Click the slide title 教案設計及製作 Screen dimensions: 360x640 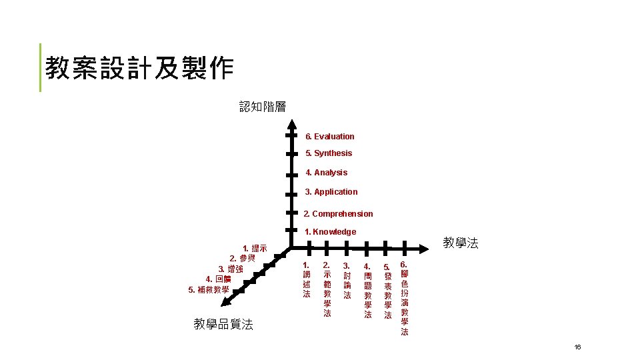139,68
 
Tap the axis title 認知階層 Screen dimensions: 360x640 263,107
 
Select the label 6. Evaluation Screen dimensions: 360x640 329,137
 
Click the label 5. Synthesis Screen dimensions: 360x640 329,153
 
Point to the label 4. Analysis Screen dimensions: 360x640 326,173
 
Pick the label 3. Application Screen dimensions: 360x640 331,192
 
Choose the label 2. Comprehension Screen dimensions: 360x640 338,214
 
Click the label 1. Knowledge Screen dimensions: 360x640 330,232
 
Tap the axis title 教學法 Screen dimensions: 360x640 461,243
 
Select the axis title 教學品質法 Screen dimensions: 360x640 223,325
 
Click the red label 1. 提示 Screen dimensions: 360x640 255,249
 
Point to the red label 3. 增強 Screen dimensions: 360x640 231,269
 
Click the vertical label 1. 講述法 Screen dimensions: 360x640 307,279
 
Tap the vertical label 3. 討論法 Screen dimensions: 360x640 347,279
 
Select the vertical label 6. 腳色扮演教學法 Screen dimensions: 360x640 404,297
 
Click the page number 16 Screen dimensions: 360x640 577,347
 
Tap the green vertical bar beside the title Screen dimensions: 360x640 41,67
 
